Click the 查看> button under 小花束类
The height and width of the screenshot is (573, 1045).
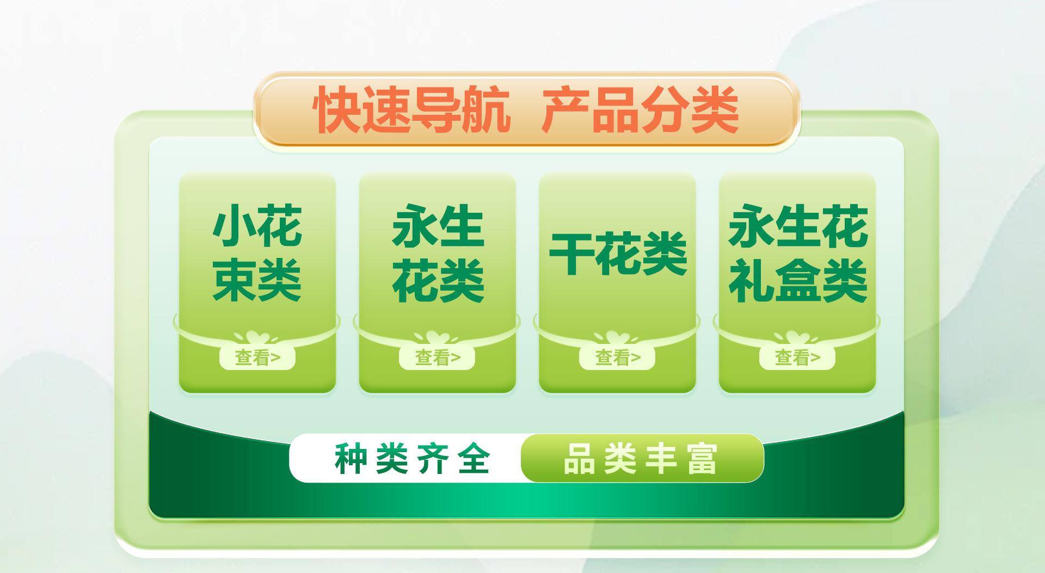(257, 358)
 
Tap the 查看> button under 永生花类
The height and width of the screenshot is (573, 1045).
(437, 358)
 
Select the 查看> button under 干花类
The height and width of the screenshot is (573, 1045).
(617, 358)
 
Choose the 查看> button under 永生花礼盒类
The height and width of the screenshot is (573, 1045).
(797, 358)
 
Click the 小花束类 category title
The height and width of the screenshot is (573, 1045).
(257, 253)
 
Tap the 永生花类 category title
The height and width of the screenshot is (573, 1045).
(438, 253)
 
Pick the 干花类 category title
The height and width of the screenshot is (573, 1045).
(618, 254)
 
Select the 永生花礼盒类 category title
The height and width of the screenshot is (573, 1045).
(798, 253)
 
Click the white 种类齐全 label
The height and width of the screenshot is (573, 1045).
(412, 458)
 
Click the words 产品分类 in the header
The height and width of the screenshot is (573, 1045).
(640, 110)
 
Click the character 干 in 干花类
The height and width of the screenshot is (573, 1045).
(571, 254)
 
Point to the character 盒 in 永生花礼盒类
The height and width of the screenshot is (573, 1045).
(798, 280)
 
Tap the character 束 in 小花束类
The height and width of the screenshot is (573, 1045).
(234, 280)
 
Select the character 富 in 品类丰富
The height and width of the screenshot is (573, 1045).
(702, 459)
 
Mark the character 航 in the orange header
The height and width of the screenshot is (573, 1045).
(487, 110)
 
